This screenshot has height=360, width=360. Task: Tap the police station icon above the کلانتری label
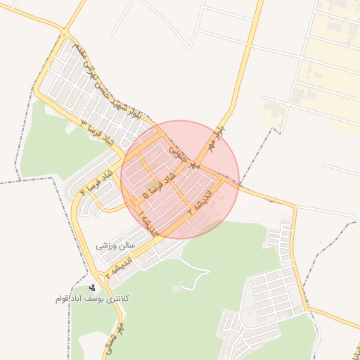[92, 288]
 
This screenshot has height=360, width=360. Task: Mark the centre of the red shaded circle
[180, 180]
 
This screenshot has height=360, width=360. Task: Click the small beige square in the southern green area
[176, 288]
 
